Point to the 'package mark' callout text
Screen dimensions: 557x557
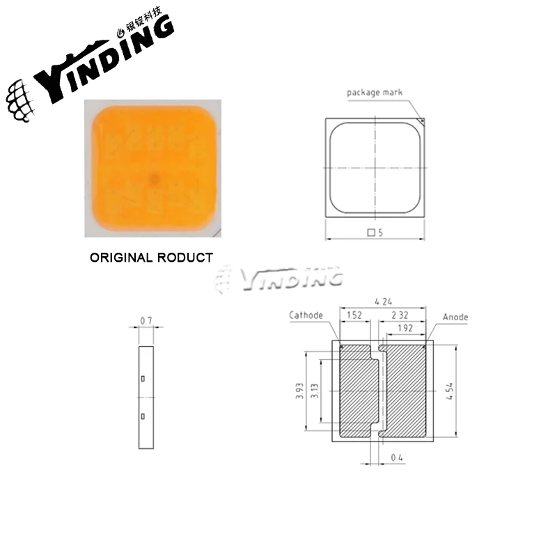click(375, 92)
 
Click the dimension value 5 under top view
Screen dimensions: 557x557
click(380, 233)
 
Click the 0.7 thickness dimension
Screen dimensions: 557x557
click(146, 320)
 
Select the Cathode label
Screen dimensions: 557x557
click(306, 315)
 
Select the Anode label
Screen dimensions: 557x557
click(455, 317)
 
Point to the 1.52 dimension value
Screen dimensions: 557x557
click(354, 315)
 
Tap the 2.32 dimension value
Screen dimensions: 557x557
click(399, 315)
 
